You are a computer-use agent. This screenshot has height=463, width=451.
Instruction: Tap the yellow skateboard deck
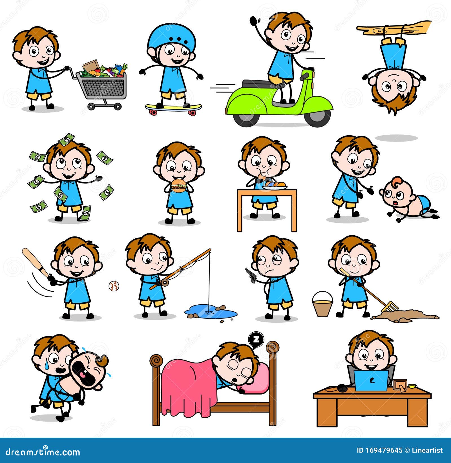173,107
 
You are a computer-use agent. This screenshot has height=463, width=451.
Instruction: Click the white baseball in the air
114,286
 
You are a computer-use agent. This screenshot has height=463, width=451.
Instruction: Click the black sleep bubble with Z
256,339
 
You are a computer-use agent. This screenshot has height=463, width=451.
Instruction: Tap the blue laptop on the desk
371,381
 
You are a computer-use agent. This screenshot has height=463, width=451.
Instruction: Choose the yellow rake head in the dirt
390,308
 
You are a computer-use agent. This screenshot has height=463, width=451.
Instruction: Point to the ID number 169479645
384,450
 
